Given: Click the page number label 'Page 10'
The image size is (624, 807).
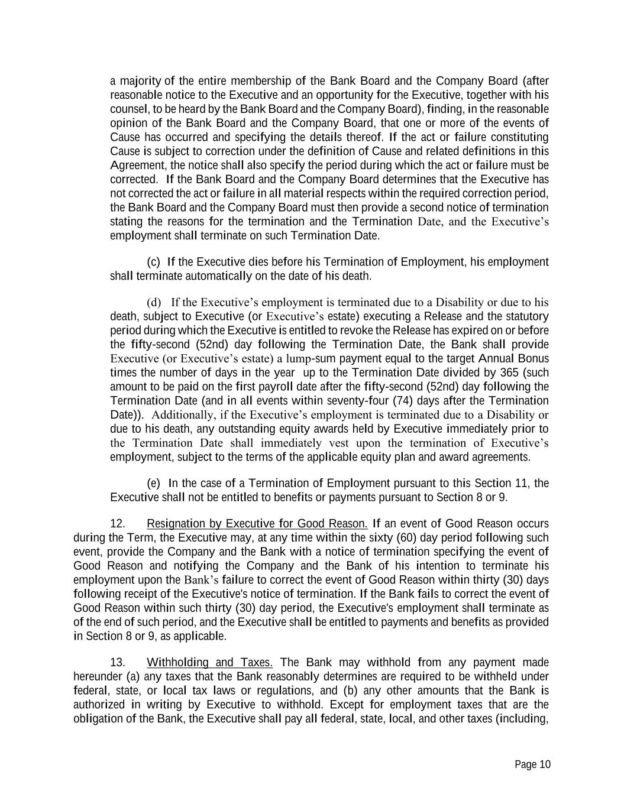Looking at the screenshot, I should pos(532,764).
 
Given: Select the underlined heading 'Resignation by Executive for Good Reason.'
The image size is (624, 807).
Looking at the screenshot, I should pos(257,524).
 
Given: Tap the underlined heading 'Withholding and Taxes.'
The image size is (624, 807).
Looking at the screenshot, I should pos(209,662).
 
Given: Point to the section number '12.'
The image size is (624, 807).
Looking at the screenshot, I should pos(118,524).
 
